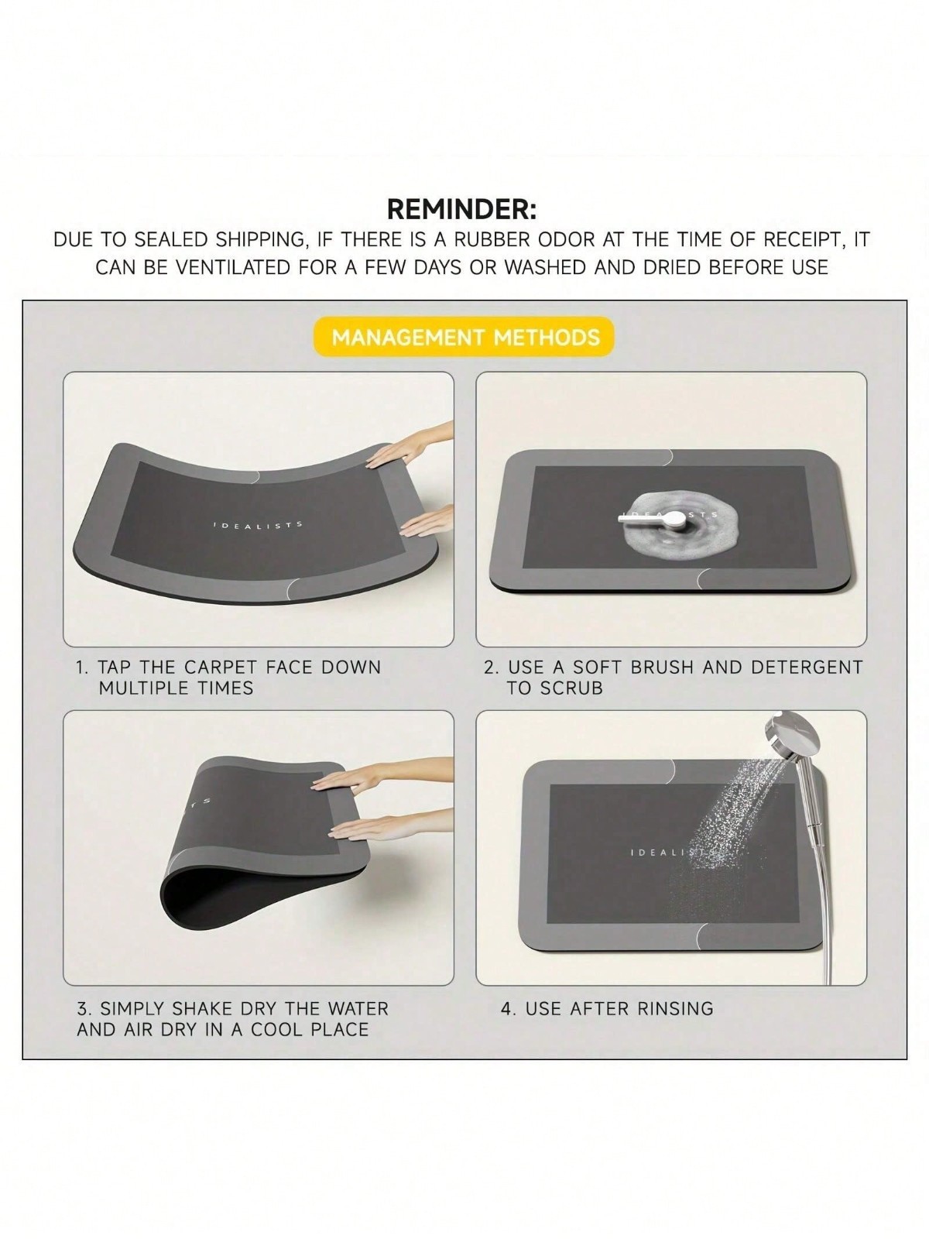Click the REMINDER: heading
pos(462,209)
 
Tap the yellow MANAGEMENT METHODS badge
pos(464,338)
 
